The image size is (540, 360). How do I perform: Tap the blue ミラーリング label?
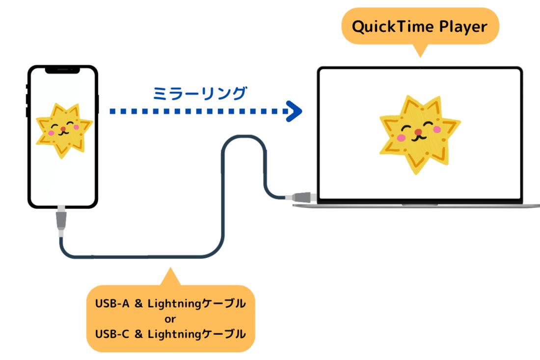click(200, 93)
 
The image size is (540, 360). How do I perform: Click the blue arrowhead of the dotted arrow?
click(295, 111)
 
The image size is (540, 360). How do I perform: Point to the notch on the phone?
click(63, 70)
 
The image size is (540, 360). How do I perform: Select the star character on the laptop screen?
click(420, 135)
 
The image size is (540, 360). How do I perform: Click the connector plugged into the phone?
click(61, 220)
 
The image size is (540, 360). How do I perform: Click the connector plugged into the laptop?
click(301, 197)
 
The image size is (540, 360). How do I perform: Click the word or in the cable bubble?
click(170, 319)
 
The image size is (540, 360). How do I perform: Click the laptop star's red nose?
click(418, 132)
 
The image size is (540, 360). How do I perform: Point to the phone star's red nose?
click(63, 129)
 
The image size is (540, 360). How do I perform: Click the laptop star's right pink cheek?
click(437, 129)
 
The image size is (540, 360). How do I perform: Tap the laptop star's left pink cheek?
click(401, 138)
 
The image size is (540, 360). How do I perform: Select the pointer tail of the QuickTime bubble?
click(420, 50)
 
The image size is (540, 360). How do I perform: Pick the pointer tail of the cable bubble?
click(170, 277)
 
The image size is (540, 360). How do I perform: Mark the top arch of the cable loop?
click(244, 137)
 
